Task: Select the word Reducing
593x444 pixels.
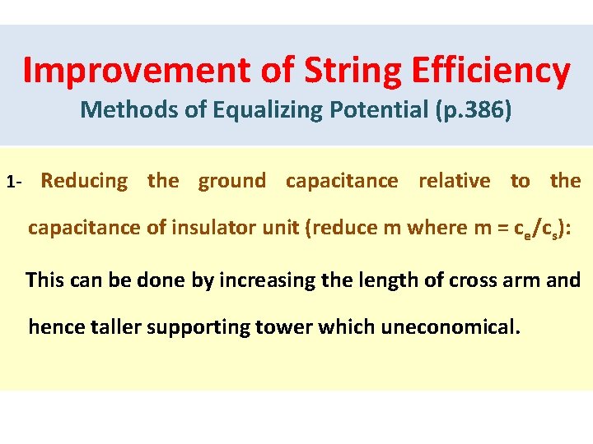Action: coord(84,181)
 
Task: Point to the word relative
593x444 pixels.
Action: coord(454,181)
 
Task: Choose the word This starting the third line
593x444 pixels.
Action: coord(49,280)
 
